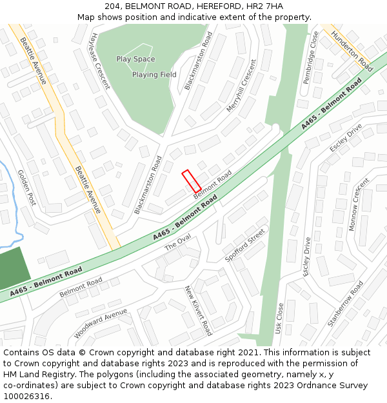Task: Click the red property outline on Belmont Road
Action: [x=192, y=181]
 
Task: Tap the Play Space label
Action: [x=135, y=59]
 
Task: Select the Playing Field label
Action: [x=154, y=75]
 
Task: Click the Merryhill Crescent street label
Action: [x=241, y=86]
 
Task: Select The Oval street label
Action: [x=178, y=242]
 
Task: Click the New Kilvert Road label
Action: [x=198, y=311]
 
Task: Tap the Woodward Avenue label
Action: [x=101, y=324]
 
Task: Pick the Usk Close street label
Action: [x=280, y=319]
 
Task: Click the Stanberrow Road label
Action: [x=345, y=303]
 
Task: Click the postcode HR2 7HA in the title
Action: [x=265, y=6]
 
